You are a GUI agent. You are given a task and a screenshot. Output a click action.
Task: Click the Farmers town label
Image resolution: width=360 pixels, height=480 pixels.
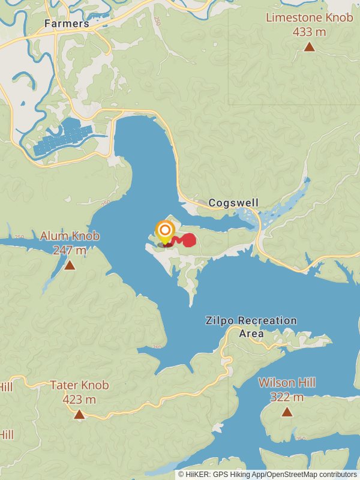(x=66, y=24)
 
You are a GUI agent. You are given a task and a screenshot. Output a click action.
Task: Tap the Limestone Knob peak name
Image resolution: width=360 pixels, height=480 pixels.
(x=309, y=17)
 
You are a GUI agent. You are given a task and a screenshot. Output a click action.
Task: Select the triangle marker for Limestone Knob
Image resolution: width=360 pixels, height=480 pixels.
(x=309, y=47)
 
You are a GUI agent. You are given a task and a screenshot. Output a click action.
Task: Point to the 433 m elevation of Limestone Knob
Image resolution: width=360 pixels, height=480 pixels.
(x=309, y=32)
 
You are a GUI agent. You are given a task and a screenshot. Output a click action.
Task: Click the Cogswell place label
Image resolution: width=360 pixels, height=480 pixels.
(x=233, y=203)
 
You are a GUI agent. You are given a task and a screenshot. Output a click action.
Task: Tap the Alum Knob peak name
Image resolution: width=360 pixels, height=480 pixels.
(x=70, y=236)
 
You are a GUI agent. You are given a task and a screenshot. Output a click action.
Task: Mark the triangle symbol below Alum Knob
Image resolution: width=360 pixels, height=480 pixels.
(x=70, y=265)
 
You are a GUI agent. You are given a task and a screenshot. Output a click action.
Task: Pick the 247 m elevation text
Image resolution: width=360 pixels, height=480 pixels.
(x=70, y=250)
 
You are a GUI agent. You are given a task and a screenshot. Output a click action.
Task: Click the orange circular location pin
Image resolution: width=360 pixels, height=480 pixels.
(x=164, y=230)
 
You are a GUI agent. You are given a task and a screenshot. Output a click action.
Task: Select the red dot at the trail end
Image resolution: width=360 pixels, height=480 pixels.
(x=189, y=240)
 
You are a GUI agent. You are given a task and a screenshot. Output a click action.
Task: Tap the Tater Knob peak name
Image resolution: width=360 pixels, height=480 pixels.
(x=79, y=385)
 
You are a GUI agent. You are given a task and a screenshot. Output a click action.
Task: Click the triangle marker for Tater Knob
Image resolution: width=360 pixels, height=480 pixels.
(x=79, y=414)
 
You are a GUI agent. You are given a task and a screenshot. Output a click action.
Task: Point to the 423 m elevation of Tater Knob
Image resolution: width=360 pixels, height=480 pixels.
(x=79, y=399)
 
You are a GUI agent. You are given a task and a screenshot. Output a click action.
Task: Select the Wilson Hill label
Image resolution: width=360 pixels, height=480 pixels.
(x=287, y=383)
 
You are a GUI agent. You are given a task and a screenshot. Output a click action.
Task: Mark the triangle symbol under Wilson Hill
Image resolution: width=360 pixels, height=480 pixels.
(x=287, y=412)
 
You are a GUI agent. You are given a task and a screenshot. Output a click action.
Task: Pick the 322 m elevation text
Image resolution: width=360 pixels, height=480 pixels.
(x=287, y=397)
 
